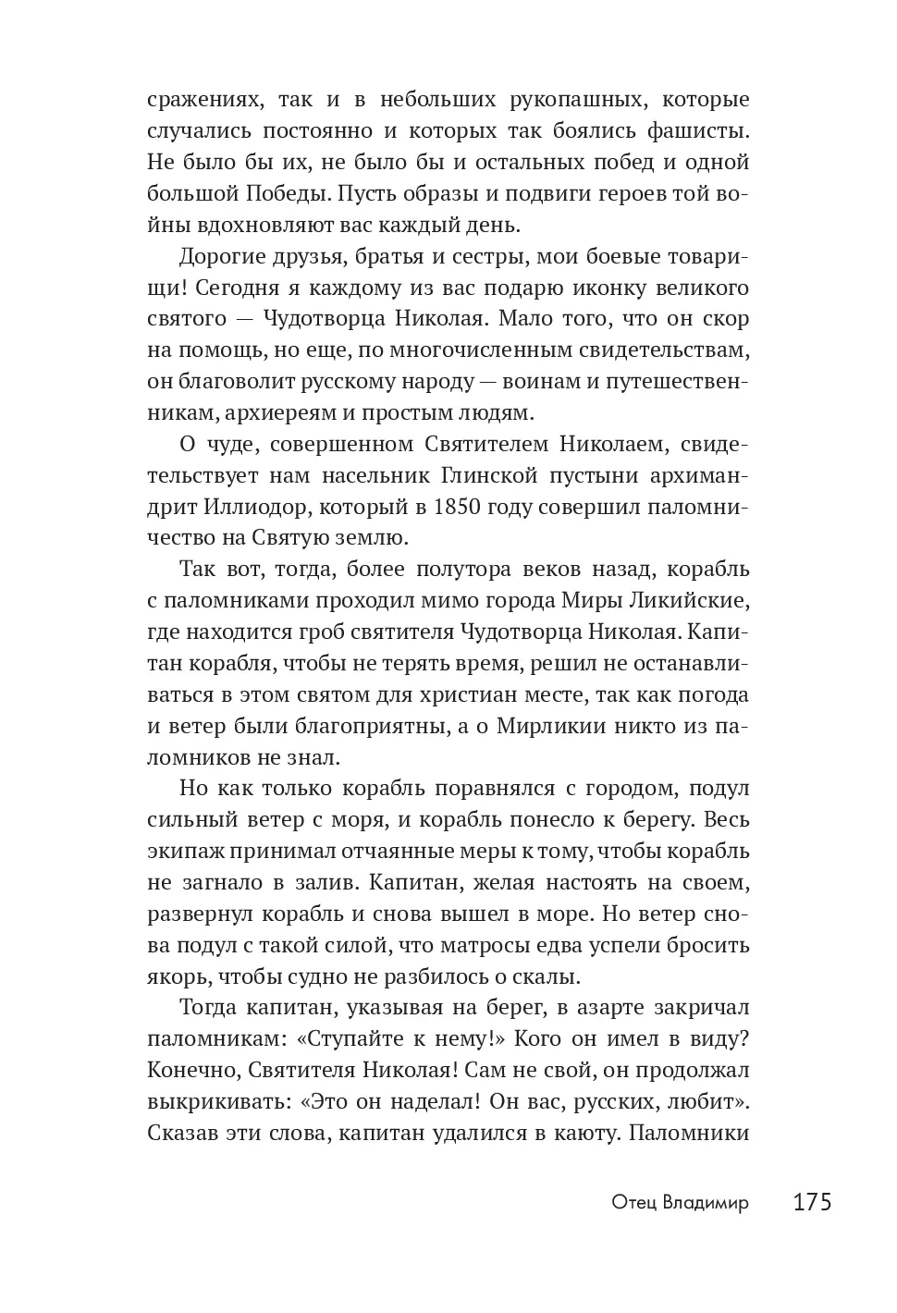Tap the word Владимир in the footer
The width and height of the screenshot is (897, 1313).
tap(706, 1202)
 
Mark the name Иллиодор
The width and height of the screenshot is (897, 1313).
tap(237, 507)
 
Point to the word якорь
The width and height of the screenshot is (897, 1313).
tap(176, 977)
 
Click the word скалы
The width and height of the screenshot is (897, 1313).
tap(551, 977)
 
